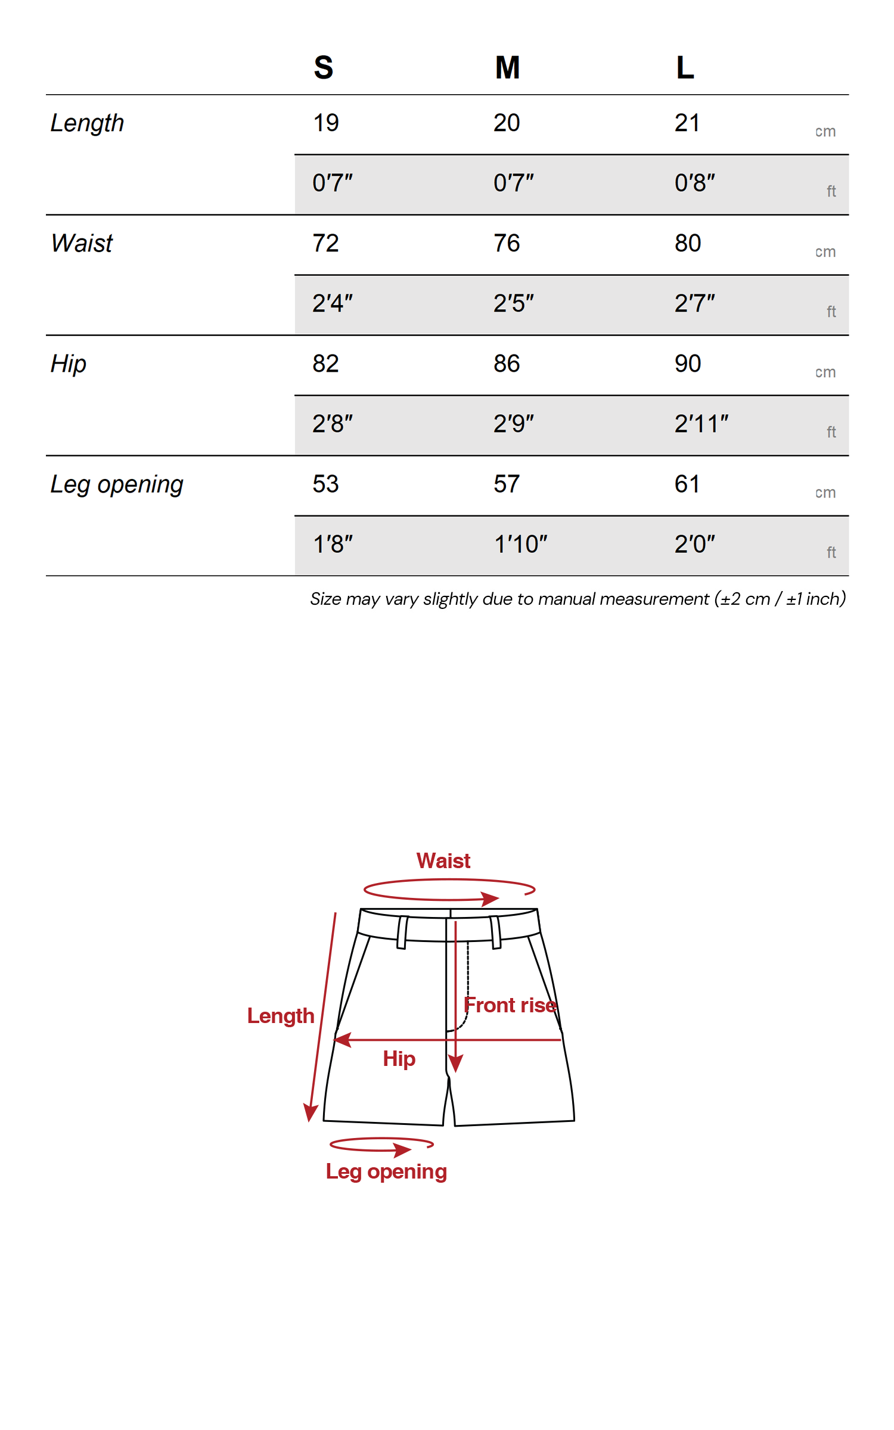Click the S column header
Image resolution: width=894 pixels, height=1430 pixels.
coord(324,67)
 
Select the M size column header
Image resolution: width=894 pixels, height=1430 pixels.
coord(507,67)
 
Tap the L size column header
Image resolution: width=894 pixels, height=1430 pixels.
coord(685,67)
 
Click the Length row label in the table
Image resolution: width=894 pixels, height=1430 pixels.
coord(87,123)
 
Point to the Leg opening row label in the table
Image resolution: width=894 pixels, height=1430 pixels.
coord(117,484)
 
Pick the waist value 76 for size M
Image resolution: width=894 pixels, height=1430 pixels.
coord(507,243)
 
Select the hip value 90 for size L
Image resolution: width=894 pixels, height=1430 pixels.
coord(688,363)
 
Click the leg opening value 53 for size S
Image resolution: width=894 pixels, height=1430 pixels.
coord(325,484)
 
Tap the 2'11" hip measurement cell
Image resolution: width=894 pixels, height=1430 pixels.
coord(701,424)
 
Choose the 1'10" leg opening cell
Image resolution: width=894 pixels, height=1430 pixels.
coord(520,545)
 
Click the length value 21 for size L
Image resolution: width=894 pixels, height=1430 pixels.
coord(687,123)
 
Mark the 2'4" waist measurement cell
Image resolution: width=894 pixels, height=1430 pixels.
coord(333,303)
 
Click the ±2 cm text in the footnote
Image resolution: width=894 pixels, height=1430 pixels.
coord(745,599)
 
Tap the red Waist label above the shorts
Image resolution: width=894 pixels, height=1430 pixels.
coord(443,861)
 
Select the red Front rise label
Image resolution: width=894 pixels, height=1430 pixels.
coord(510,1005)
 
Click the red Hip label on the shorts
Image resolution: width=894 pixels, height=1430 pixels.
coord(399,1059)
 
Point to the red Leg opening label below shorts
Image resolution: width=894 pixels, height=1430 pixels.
coord(386,1171)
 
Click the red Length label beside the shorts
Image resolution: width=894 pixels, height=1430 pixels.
coord(281,1016)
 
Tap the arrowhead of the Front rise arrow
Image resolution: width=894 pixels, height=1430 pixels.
coord(455,1064)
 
